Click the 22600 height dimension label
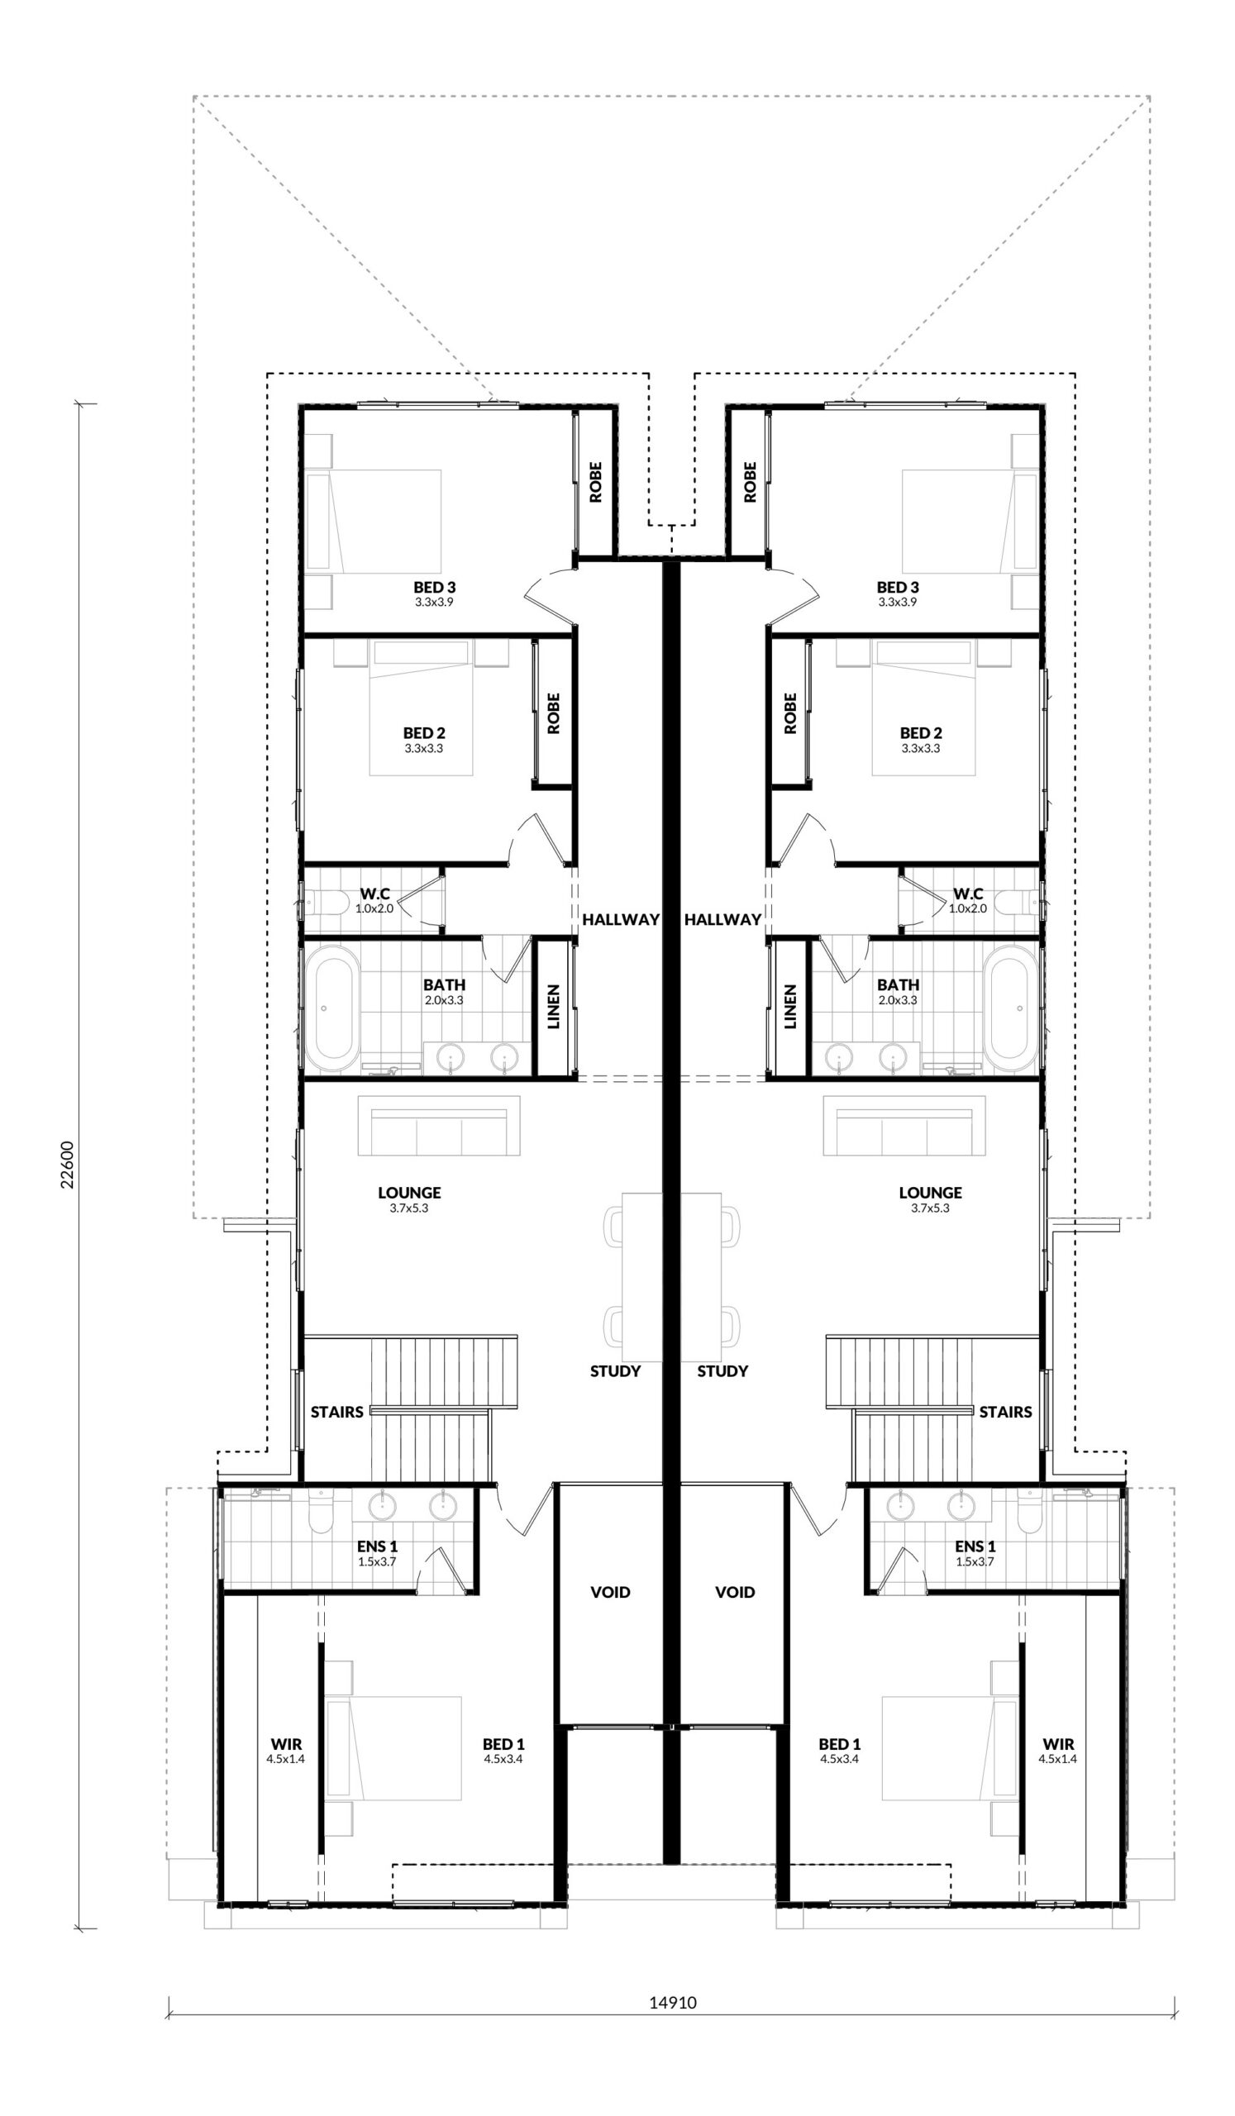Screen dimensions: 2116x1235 [67, 1164]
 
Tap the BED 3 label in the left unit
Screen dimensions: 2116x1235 [434, 587]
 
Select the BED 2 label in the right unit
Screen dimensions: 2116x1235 [920, 733]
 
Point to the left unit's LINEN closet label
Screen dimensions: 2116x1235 [553, 1007]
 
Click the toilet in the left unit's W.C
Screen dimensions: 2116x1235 [326, 903]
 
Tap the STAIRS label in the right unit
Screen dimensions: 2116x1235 [1005, 1412]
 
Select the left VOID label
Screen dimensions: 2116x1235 [609, 1591]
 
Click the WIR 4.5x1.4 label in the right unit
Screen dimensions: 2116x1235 [1058, 1751]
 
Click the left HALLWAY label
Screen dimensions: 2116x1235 [621, 919]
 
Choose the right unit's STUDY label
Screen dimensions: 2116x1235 [722, 1371]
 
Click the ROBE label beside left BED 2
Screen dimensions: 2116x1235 [553, 712]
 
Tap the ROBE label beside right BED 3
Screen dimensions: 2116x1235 [750, 482]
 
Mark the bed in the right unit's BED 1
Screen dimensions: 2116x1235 [945, 1747]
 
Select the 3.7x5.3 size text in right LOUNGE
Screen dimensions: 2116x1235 [929, 1208]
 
